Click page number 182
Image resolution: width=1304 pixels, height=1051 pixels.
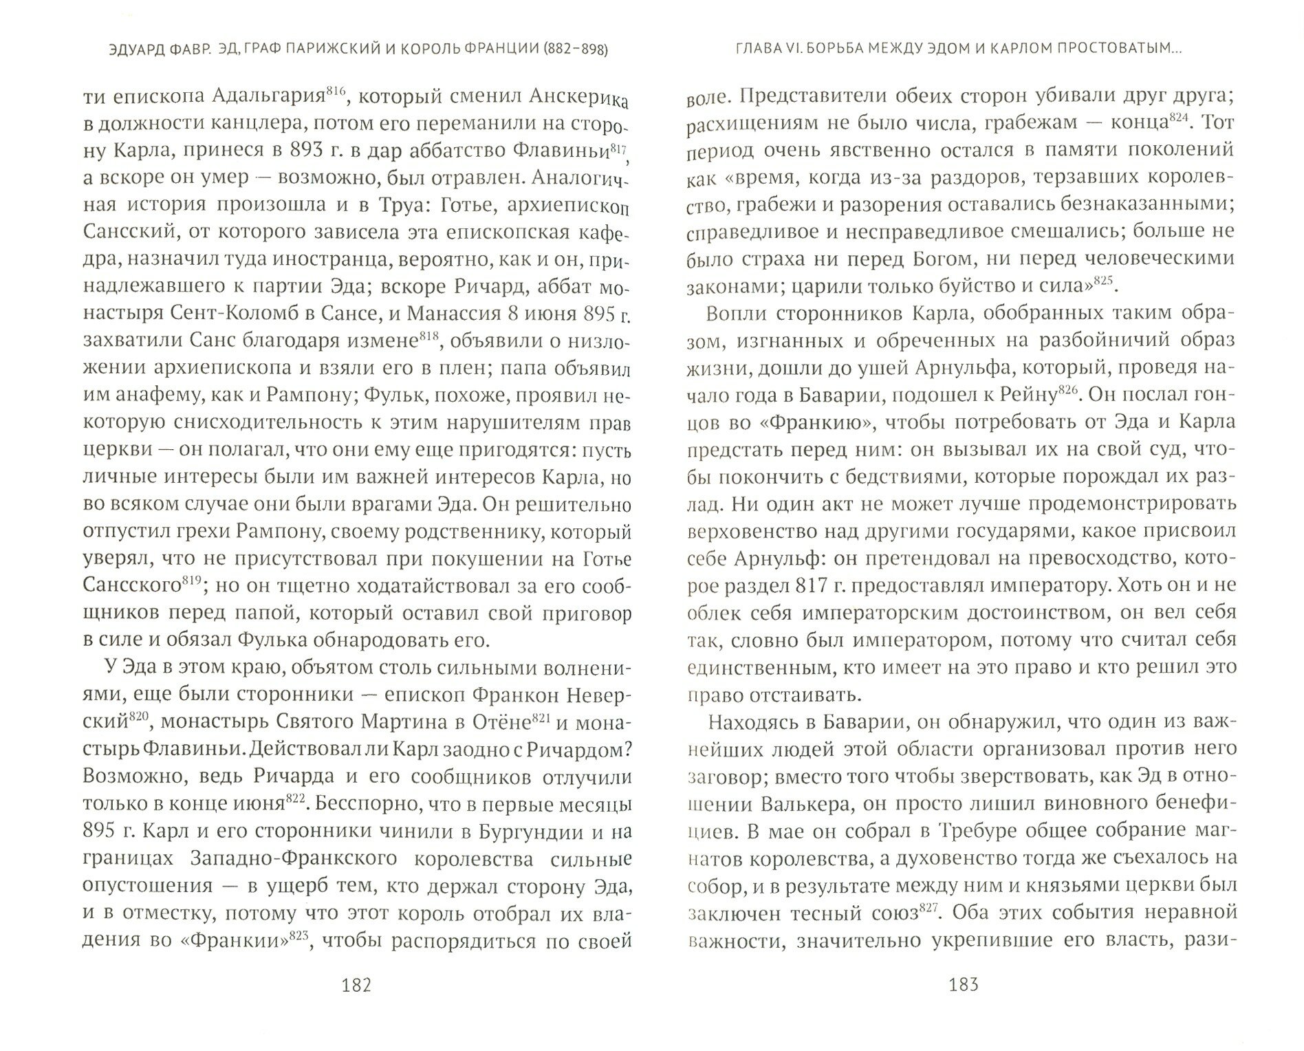tap(356, 985)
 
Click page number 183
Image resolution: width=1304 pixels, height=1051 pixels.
tap(962, 985)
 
